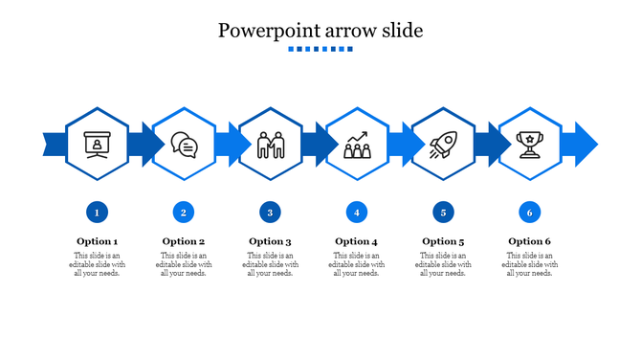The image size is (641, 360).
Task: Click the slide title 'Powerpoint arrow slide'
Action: point(320,30)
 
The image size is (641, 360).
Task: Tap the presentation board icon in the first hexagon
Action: point(97,144)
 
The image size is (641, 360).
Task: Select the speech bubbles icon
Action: point(184,145)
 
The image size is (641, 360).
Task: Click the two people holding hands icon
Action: point(271,145)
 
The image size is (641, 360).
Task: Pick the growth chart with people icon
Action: point(357,145)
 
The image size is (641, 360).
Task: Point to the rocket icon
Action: point(443,145)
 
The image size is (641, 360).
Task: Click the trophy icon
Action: point(529,144)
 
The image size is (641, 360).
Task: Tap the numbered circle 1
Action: point(97,212)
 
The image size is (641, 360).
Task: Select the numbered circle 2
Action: point(184,212)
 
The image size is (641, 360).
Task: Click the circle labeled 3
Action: point(270,212)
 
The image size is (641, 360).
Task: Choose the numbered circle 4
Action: point(356,212)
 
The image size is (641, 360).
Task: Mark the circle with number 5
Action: point(442,212)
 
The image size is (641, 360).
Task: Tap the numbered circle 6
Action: point(529,212)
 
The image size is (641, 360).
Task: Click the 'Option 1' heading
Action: point(98,241)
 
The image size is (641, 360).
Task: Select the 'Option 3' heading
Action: point(270,241)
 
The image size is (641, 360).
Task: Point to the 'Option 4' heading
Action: point(356,241)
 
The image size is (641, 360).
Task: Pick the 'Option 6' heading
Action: point(529,241)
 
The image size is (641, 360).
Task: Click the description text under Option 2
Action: point(184,264)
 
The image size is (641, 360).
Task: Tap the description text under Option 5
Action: point(442,264)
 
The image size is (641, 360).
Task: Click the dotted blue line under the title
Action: point(320,49)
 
